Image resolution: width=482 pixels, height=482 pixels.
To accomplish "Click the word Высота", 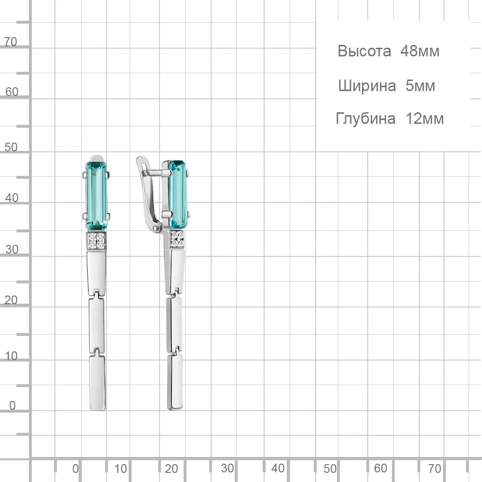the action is point(364,51).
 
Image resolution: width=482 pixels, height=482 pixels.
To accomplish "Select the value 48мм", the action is point(420,51).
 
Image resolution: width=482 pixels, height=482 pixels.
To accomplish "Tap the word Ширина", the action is point(367,86).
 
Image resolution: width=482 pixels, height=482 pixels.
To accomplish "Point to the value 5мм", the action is point(420,86).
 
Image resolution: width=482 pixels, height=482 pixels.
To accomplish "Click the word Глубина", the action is point(365,119).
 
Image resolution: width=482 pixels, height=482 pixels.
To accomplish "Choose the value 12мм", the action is point(425,119).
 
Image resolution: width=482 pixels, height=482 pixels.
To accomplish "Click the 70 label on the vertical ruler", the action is point(11,42).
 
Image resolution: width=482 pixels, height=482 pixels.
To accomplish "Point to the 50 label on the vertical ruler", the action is point(11,147).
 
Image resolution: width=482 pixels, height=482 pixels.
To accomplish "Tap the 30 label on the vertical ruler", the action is point(12,249).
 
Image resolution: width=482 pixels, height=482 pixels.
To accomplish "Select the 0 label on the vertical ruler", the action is point(13,405).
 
